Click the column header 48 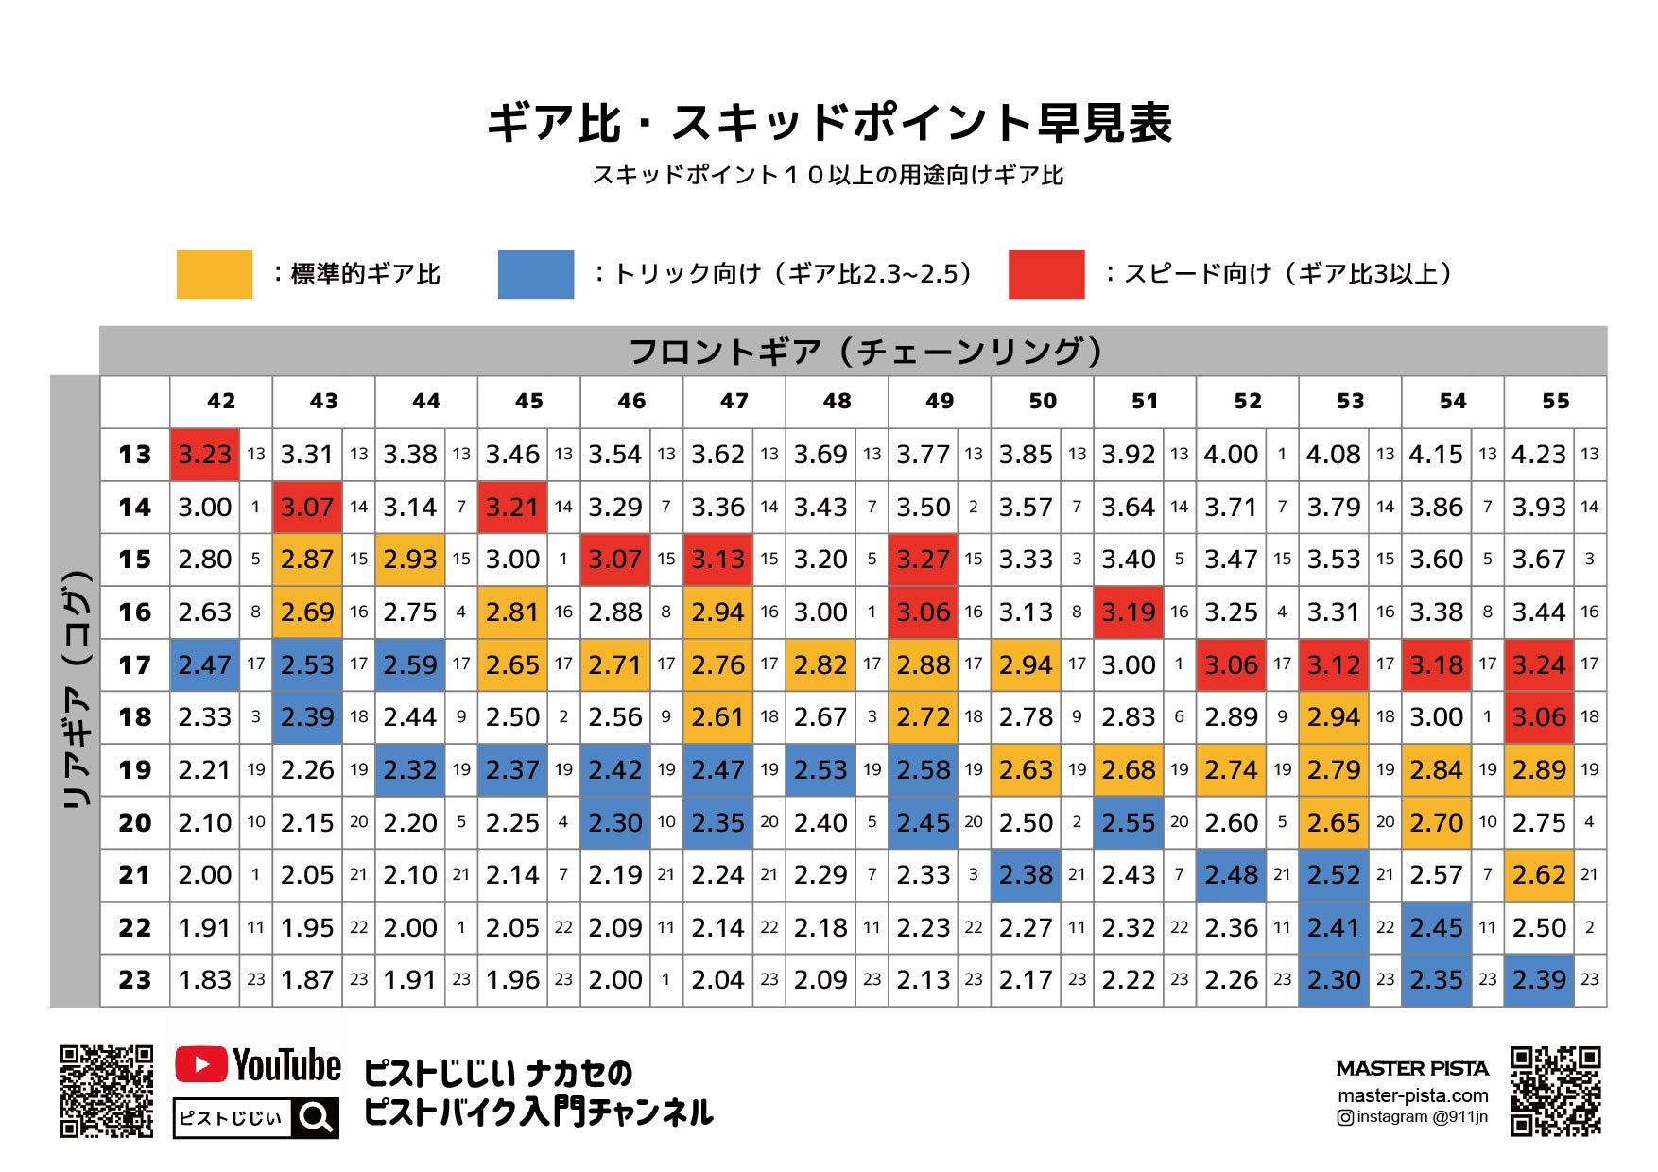point(837,402)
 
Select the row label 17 point(135,665)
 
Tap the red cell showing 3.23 point(204,455)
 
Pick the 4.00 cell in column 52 point(1231,455)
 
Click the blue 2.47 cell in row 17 point(204,665)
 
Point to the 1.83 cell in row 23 point(204,980)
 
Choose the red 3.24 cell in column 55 point(1539,665)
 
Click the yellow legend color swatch point(215,274)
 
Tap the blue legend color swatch point(536,274)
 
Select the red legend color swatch point(1046,274)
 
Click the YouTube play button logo point(200,1065)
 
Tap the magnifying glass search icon point(316,1118)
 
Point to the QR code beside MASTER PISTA point(1555,1091)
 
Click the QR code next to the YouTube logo point(107,1091)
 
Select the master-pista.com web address point(1412,1095)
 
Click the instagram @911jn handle point(1412,1117)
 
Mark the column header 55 point(1555,402)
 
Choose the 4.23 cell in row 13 point(1539,455)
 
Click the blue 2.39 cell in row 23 point(1539,980)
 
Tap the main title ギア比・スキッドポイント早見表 point(829,123)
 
